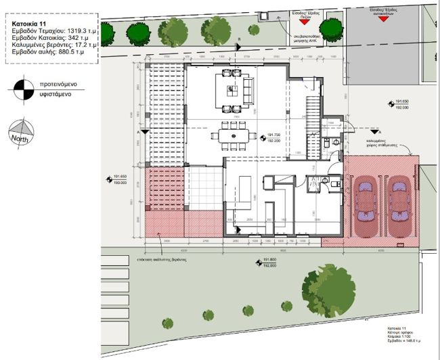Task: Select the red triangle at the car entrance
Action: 382,19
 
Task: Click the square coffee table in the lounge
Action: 230,89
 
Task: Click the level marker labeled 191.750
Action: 273,135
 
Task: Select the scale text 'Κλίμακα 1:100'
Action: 396,337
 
